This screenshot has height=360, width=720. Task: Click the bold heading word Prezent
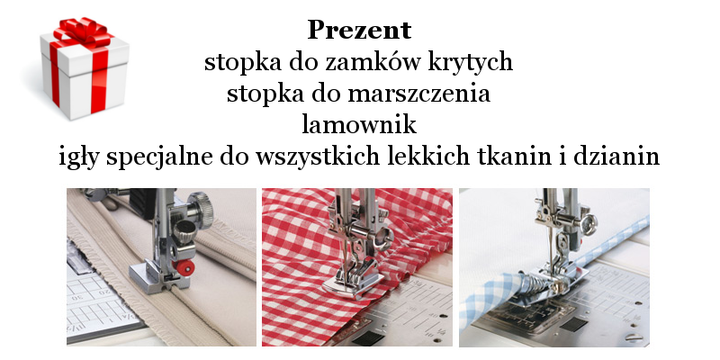coord(359,31)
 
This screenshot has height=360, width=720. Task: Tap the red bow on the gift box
coord(83,32)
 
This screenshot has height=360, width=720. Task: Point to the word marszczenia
coord(419,94)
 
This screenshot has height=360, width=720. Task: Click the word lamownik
coord(359,124)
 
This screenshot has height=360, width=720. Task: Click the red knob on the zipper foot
coord(184,267)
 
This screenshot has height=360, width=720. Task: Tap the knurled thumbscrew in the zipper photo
coord(201,210)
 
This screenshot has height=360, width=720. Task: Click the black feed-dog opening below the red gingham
coord(368,338)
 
